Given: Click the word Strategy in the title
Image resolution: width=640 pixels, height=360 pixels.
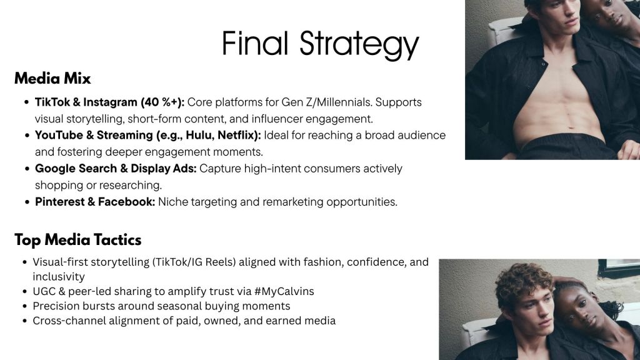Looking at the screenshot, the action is click(359, 45).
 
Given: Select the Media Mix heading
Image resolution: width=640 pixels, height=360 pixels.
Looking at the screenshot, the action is click(52, 78).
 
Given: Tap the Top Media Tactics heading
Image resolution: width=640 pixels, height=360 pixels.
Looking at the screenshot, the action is click(78, 240).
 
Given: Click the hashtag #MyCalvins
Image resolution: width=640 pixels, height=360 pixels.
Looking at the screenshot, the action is click(284, 291).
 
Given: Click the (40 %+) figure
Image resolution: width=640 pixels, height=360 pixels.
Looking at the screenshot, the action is click(162, 102).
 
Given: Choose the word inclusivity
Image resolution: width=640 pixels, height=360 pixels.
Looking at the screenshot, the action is click(59, 277).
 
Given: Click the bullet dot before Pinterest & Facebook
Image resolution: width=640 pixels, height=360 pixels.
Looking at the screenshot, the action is click(27, 202).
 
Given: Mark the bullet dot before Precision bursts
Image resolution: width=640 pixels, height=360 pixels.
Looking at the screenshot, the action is click(25, 306).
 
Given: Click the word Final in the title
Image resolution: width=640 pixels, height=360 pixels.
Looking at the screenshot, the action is click(255, 43).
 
